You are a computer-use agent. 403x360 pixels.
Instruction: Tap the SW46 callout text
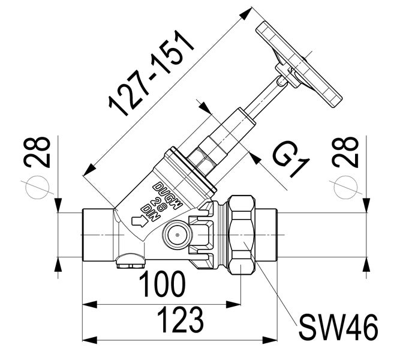(338, 328)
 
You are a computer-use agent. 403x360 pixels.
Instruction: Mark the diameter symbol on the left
(35, 188)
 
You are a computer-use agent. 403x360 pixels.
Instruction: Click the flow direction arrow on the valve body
(139, 222)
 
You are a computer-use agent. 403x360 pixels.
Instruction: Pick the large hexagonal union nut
(244, 235)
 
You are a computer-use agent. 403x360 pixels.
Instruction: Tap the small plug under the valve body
(130, 260)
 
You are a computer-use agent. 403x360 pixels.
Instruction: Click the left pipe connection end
(96, 235)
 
